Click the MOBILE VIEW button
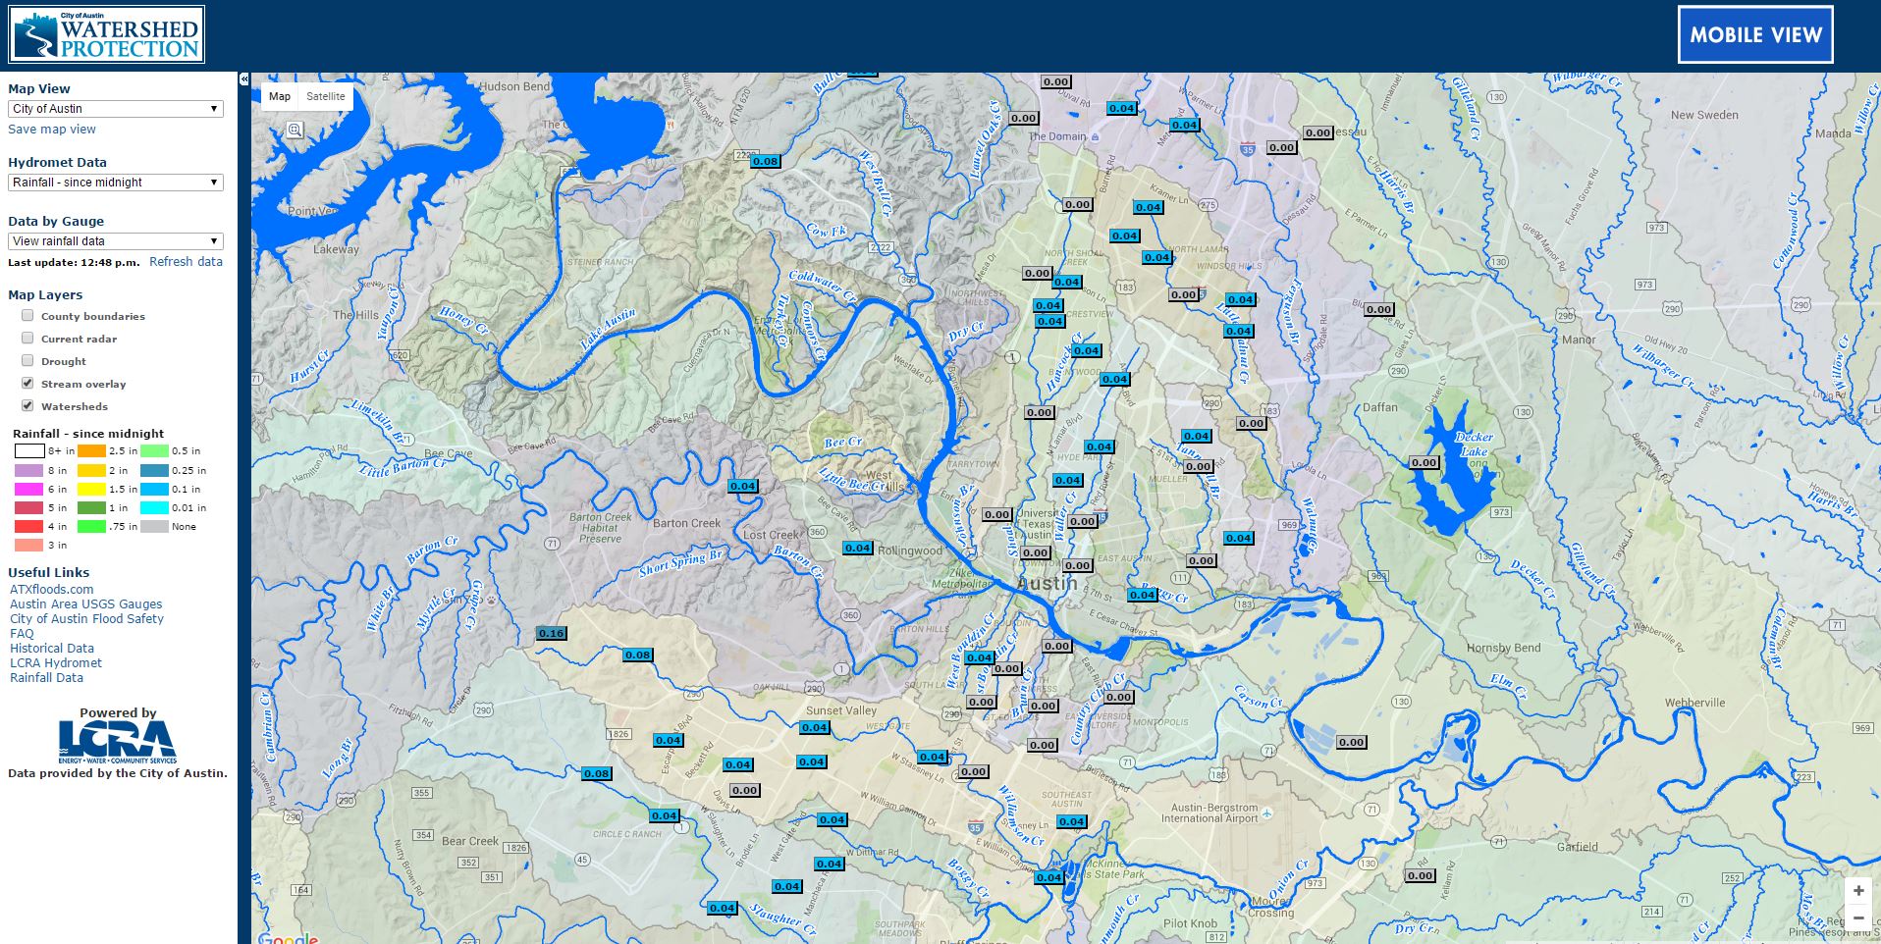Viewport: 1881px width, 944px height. (x=1755, y=34)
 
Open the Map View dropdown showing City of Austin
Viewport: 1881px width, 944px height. (x=116, y=109)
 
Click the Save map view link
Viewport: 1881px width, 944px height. (x=52, y=130)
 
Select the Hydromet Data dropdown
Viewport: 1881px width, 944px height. (x=116, y=183)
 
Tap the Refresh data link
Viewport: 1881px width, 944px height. (x=186, y=262)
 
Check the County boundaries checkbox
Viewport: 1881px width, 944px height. (x=27, y=316)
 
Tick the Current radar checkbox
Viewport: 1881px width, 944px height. (x=27, y=339)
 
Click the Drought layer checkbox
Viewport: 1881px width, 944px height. (x=27, y=361)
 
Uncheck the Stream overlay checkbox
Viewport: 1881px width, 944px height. (x=27, y=384)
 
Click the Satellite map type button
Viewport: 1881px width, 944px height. (x=325, y=96)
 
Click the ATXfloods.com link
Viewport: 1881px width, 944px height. (x=52, y=590)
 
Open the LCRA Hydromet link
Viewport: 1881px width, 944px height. (x=56, y=663)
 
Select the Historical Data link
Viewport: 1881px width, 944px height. (x=52, y=649)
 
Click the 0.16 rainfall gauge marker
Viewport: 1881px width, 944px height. (x=551, y=633)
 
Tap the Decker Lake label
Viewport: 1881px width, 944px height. (x=1473, y=445)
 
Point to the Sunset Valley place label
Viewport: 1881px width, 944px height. (x=840, y=710)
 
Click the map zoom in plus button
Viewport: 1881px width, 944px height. (x=1858, y=891)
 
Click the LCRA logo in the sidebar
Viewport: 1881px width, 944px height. (x=118, y=741)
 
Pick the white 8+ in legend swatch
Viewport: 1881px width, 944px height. (x=29, y=451)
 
